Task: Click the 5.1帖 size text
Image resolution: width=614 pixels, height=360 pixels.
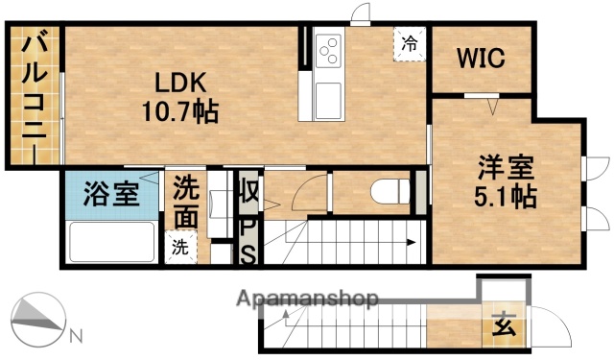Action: (505, 198)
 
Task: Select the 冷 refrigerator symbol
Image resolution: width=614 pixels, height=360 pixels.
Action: (410, 42)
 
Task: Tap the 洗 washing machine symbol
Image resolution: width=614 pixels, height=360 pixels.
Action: (180, 245)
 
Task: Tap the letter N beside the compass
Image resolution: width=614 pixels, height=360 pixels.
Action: (77, 336)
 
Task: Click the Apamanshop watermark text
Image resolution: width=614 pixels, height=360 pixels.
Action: (306, 300)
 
